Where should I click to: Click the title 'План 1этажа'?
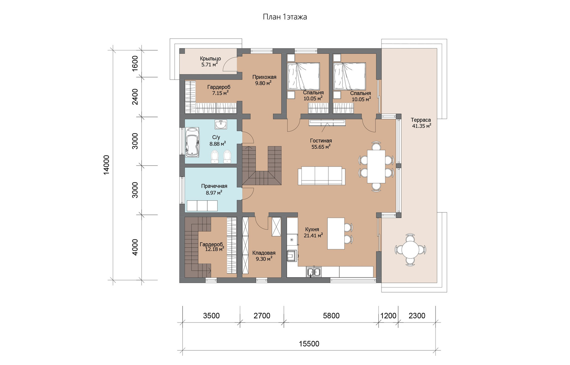pyautogui.click(x=285, y=17)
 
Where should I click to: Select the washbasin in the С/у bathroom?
pyautogui.click(x=221, y=125)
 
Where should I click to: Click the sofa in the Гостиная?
pyautogui.click(x=322, y=176)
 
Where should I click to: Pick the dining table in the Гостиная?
pyautogui.click(x=376, y=166)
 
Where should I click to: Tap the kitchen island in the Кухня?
pyautogui.click(x=336, y=233)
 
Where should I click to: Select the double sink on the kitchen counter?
pyautogui.click(x=314, y=272)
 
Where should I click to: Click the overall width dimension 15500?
pyautogui.click(x=309, y=344)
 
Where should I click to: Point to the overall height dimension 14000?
pyautogui.click(x=106, y=165)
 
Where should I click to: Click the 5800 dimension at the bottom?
pyautogui.click(x=331, y=316)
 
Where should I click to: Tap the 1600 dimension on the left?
pyautogui.click(x=135, y=63)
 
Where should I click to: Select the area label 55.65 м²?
pyautogui.click(x=321, y=147)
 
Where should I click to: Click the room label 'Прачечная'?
pyautogui.click(x=214, y=186)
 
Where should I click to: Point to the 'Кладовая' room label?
pyautogui.click(x=264, y=253)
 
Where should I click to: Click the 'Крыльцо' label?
pyautogui.click(x=210, y=59)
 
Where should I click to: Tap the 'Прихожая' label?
pyautogui.click(x=264, y=77)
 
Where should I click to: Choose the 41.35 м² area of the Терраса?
pyautogui.click(x=422, y=126)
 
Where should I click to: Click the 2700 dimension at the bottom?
pyautogui.click(x=262, y=316)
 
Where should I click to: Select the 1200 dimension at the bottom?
pyautogui.click(x=388, y=316)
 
